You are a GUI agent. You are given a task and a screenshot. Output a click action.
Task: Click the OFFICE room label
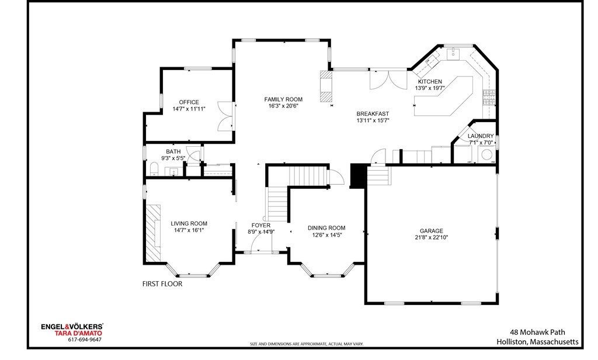189,102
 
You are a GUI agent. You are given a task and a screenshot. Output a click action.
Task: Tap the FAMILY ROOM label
283,99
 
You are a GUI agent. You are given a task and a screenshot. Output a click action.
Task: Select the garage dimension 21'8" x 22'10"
431,238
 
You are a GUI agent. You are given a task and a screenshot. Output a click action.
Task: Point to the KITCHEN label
429,82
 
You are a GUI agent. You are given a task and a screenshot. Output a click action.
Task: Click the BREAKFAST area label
373,114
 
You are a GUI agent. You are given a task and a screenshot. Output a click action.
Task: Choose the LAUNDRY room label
481,136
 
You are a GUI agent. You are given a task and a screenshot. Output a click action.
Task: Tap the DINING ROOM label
326,228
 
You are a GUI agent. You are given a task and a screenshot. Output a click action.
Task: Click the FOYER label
260,225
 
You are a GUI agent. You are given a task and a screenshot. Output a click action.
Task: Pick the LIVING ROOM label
189,223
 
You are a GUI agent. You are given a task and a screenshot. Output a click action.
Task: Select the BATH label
173,152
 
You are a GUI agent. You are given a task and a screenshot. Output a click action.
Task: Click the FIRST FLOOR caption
162,284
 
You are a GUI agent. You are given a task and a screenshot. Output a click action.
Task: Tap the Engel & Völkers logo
72,327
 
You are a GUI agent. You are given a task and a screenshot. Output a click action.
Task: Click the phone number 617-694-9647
85,340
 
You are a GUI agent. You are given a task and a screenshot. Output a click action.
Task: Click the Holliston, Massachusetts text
537,341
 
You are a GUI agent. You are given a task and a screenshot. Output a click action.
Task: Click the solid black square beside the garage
357,175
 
